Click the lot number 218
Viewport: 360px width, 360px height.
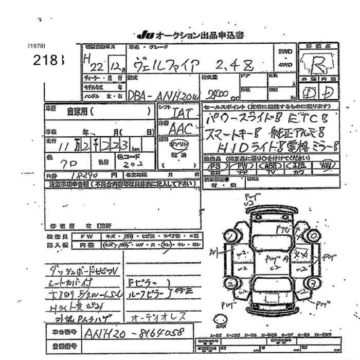(47, 59)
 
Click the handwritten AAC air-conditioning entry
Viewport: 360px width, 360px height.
(184, 129)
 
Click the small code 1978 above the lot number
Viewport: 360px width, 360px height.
(37, 45)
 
